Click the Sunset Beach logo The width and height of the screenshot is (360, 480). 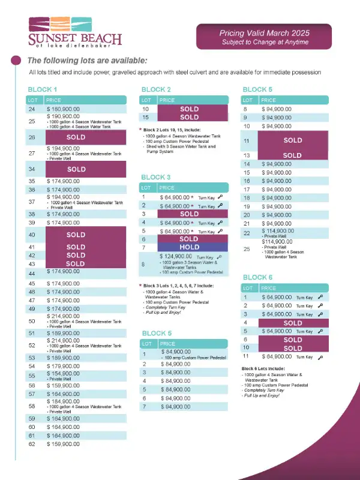[x=75, y=33]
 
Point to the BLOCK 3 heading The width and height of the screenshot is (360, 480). [x=155, y=177]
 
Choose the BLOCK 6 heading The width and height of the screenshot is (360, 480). [x=257, y=277]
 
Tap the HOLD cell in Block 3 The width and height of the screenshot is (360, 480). [x=190, y=247]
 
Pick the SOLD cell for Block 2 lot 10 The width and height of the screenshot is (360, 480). [x=190, y=109]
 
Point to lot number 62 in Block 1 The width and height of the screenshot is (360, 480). [x=32, y=444]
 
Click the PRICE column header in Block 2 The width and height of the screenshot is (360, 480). [x=167, y=100]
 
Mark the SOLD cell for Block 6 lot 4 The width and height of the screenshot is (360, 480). [x=292, y=323]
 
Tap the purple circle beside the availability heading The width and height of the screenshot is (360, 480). [x=16, y=60]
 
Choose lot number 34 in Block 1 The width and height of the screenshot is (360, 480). [x=32, y=170]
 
